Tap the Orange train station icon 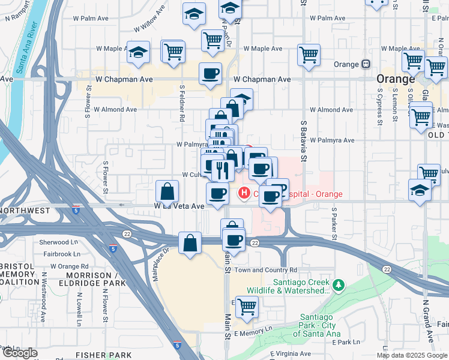[365, 64]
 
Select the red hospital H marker [244, 193]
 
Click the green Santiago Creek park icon [339, 284]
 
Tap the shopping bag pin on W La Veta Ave [167, 191]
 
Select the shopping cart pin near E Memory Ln [247, 307]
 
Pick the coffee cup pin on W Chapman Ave [210, 74]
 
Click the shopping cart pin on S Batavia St [309, 55]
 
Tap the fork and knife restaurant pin [223, 170]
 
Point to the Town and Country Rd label [265, 270]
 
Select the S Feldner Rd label [182, 103]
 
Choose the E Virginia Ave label [290, 354]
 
